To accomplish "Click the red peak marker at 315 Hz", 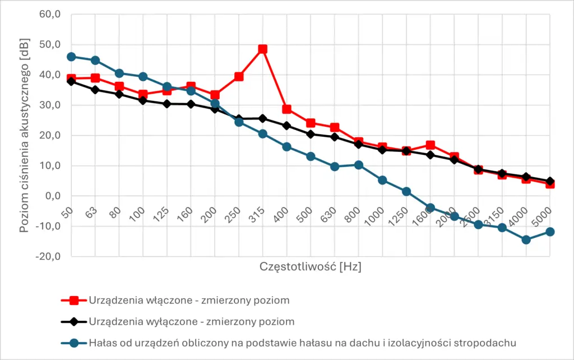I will coord(262,49).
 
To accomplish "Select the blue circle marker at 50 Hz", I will coord(71,57).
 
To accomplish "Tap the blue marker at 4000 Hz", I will coord(526,239).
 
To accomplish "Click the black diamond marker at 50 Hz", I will coord(71,81).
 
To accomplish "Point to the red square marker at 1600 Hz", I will coord(430,146).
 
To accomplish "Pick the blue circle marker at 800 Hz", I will coord(358,165).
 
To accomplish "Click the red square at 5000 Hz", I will coord(550,183).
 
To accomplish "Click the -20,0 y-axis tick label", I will coord(47,256).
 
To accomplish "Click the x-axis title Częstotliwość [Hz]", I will coord(310,267).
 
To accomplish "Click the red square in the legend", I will coord(73,300).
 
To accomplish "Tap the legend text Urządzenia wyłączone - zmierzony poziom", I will coord(191,321).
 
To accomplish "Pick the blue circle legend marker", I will coord(73,343).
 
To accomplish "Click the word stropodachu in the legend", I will coord(488,343).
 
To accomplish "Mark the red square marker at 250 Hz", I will coord(239,76).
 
